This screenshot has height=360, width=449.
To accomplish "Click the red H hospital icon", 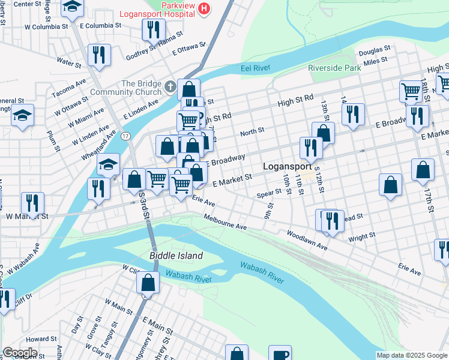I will pyautogui.click(x=205, y=8).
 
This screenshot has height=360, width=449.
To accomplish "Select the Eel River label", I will pyautogui.click(x=256, y=69).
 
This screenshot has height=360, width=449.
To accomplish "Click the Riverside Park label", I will pyautogui.click(x=334, y=68).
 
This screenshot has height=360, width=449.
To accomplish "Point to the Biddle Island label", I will pyautogui.click(x=176, y=256).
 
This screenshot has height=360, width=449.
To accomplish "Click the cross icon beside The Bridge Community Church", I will pyautogui.click(x=170, y=88).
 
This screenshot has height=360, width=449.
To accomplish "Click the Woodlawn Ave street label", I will pyautogui.click(x=307, y=239).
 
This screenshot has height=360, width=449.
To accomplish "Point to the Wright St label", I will pyautogui.click(x=361, y=237).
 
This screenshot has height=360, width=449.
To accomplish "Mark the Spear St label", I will pyautogui.click(x=269, y=193).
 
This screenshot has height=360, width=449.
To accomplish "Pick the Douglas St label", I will pyautogui.click(x=375, y=48).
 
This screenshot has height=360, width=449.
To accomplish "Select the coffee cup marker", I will pyautogui.click(x=279, y=353).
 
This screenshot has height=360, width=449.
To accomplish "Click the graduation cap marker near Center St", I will pyautogui.click(x=73, y=7).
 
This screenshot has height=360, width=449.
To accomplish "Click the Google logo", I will pyautogui.click(x=20, y=353).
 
